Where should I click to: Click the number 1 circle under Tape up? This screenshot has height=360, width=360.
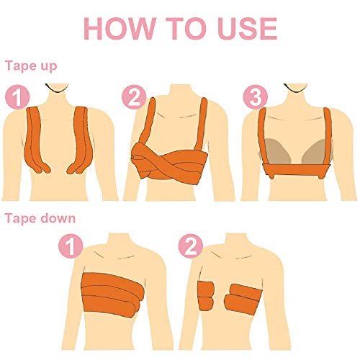(18, 96)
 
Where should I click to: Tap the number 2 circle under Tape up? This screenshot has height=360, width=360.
(134, 96)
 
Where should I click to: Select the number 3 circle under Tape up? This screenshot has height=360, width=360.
(252, 96)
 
